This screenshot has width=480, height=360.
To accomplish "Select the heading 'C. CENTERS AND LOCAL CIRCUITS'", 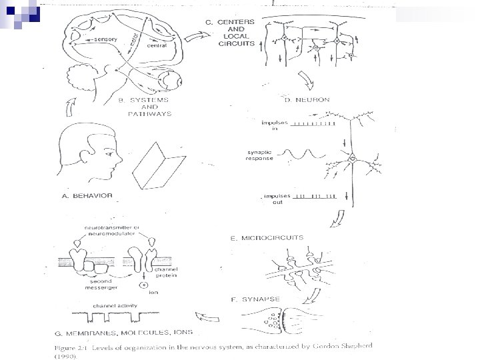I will tap(230, 33).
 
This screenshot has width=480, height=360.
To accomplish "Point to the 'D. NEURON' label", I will tap(307, 100).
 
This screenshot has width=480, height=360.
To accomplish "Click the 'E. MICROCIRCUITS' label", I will tap(267, 237).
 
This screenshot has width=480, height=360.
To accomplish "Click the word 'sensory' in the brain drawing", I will tap(105, 39).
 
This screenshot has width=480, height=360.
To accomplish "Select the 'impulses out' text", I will tap(275, 199).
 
